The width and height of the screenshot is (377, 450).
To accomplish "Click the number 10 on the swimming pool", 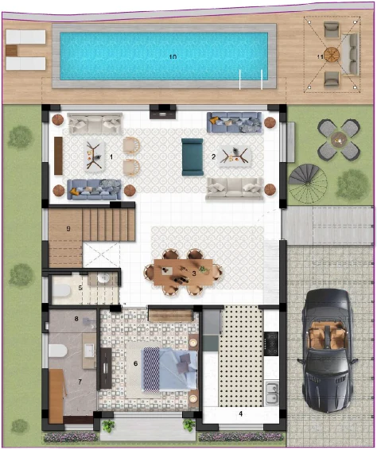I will [x=173, y=57].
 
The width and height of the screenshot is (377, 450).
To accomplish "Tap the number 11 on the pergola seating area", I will [x=320, y=56].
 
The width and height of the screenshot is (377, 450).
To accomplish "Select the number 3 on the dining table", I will [x=194, y=273].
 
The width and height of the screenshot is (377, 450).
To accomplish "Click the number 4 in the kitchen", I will [x=240, y=413].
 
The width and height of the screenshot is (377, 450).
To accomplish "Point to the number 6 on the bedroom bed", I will [x=136, y=363].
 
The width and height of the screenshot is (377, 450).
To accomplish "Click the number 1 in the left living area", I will [x=111, y=157].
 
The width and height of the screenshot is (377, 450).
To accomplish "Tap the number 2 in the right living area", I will [x=214, y=157].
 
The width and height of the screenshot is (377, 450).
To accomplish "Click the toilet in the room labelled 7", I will [x=58, y=351].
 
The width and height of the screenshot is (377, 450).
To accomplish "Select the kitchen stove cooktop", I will [x=270, y=343].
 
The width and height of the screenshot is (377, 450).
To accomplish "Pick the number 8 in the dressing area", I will [x=76, y=320].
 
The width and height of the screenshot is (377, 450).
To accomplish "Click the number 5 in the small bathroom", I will [x=80, y=287].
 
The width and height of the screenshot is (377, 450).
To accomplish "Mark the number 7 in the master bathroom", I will [x=80, y=382].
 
